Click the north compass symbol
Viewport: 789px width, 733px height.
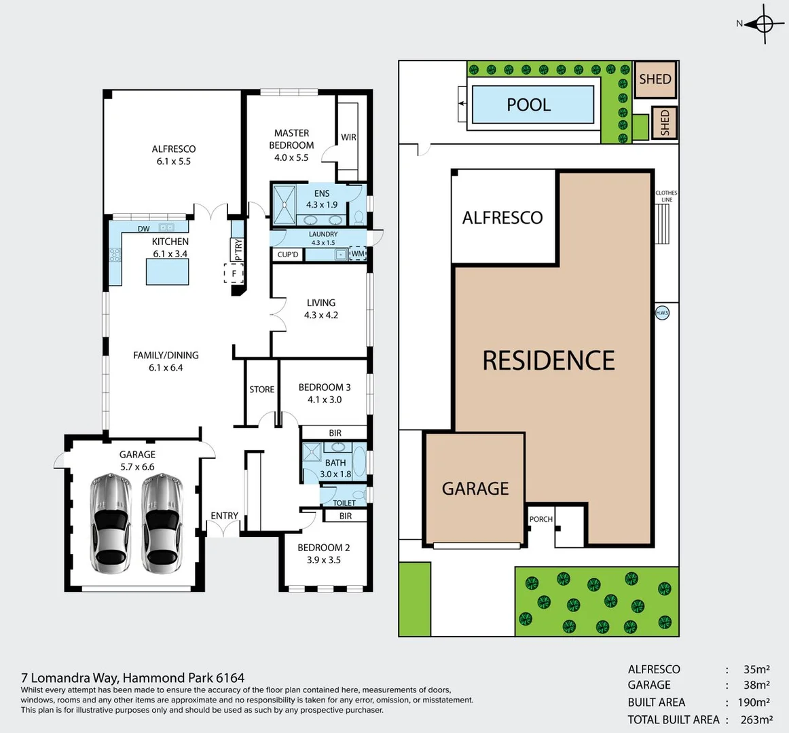764,24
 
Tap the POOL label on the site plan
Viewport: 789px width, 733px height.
528,105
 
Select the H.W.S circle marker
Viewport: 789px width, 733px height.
662,313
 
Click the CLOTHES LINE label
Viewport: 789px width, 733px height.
666,196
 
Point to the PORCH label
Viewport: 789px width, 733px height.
540,519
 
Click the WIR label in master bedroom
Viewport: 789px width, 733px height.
348,137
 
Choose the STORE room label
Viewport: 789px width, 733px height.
261,390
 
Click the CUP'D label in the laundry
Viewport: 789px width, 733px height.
288,255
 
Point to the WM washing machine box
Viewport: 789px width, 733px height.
357,255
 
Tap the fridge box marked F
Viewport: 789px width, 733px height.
234,274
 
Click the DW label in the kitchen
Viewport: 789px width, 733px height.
144,229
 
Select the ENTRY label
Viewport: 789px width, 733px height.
224,516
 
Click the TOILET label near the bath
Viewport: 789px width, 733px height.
344,503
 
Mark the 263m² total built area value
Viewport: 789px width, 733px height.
756,719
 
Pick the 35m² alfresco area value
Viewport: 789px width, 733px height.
756,669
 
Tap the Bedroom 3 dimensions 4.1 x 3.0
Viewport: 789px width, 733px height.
325,400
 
